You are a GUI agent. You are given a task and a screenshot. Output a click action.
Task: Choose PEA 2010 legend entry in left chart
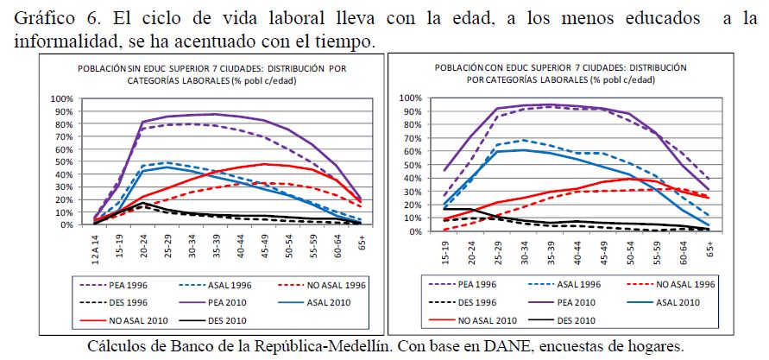[207, 301]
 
